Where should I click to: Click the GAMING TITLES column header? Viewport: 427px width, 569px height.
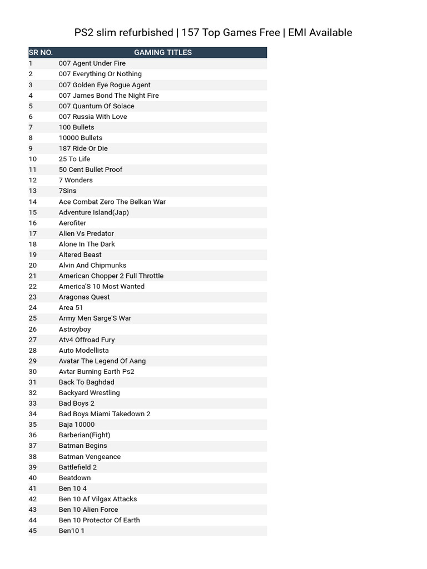point(162,53)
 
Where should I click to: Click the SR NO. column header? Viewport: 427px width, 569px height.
point(41,53)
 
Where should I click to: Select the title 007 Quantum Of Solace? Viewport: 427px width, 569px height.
point(96,106)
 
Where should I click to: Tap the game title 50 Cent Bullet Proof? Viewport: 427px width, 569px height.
point(91,169)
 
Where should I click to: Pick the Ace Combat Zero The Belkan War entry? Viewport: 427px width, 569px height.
point(112,202)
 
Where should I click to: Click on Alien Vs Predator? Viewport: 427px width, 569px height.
point(86,233)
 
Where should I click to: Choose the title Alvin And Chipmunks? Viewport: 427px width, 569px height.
point(92,265)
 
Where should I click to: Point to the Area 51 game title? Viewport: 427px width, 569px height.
point(71,308)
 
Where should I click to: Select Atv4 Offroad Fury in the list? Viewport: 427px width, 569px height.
point(87,340)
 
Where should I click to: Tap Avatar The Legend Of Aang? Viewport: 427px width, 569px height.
point(102,361)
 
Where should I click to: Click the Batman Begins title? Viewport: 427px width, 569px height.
point(83,446)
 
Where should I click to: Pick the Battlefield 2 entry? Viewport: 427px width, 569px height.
point(78,467)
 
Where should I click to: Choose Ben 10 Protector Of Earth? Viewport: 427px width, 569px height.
point(100,520)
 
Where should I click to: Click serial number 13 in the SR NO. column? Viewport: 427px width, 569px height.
point(33,191)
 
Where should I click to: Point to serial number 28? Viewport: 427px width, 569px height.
point(33,351)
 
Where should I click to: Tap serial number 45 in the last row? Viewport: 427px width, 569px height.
point(33,531)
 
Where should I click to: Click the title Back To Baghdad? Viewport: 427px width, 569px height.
point(86,382)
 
